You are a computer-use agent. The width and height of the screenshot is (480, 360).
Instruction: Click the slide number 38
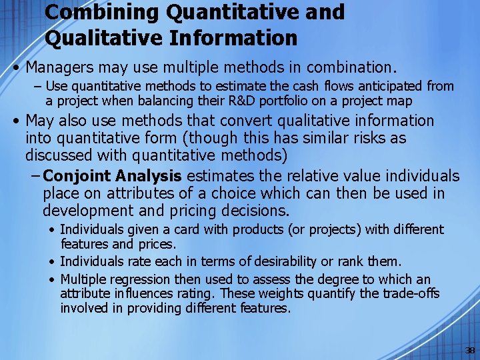tap(470, 351)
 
